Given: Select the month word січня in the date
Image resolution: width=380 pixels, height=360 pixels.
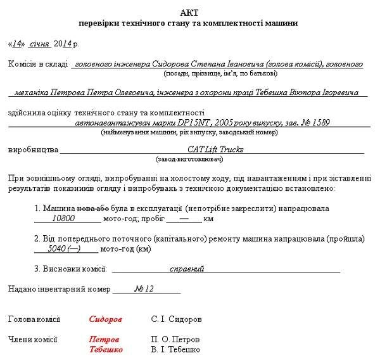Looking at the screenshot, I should pos(39,44).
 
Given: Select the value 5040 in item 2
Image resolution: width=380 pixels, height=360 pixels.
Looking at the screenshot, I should pos(58,249).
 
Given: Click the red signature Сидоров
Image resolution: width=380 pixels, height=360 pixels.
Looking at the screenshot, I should pos(106,319).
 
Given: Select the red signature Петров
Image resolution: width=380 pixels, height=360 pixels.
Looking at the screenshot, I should pos(104,339).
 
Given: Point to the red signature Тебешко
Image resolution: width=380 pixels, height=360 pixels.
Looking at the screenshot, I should pos(106,349).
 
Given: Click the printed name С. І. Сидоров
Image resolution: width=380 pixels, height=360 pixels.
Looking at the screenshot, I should pos(177,319).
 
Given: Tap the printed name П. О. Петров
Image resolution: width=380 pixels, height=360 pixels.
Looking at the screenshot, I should pos(175,339).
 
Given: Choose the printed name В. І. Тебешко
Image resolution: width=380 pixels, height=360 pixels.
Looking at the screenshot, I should pos(175,349).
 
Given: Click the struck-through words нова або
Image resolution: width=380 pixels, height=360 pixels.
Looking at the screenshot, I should pos(88,208).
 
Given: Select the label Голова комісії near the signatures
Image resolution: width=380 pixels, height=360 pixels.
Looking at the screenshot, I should pos(34,319).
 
